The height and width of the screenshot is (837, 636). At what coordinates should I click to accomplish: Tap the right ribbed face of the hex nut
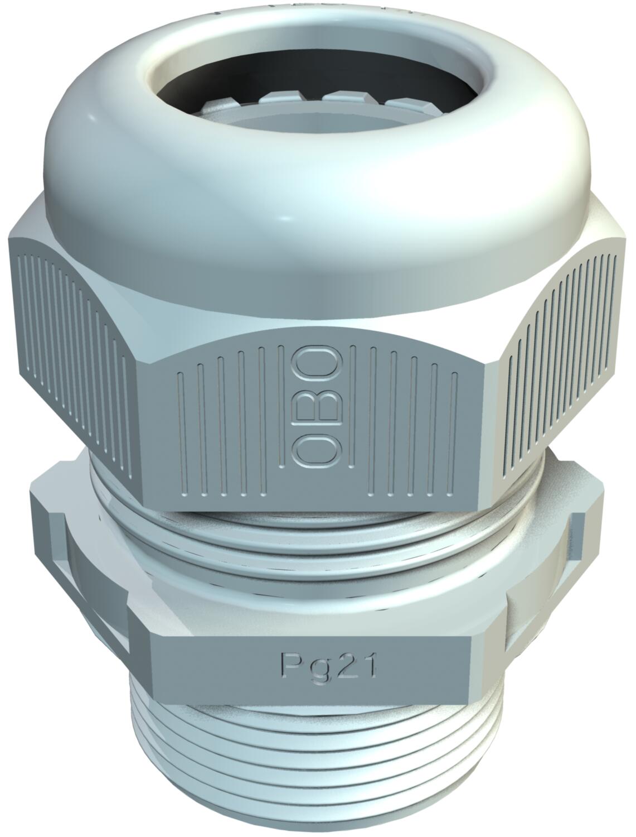[x=560, y=366]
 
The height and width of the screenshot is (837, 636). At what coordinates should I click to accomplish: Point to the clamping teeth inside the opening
[x=316, y=101]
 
